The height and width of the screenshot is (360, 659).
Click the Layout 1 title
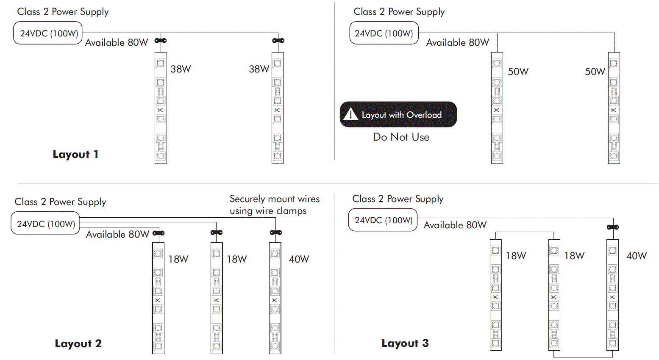tap(75, 154)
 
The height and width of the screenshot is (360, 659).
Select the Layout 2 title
tap(78, 343)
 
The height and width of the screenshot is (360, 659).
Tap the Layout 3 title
tap(405, 343)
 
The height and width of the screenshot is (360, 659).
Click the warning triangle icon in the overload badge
tap(350, 114)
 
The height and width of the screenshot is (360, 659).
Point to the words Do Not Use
tap(401, 137)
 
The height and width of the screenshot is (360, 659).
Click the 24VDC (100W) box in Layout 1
tap(48, 33)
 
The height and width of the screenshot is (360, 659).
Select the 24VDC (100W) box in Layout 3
tap(383, 220)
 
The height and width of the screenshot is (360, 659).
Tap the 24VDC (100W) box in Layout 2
tap(46, 224)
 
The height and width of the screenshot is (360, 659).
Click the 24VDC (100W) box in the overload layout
tap(384, 33)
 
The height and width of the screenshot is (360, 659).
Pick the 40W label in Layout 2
tap(299, 259)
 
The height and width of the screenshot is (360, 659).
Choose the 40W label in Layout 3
tap(637, 256)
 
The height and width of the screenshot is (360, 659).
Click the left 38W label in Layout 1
tap(181, 69)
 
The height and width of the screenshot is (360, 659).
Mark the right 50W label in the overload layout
tap(595, 72)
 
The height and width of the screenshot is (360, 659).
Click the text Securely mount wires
tap(274, 199)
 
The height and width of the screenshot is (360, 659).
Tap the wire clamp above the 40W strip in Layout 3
tap(613, 227)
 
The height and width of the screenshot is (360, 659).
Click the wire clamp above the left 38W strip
tap(161, 41)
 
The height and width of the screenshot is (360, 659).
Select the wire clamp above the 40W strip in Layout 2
tap(276, 233)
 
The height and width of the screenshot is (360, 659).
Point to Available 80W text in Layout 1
tap(117, 43)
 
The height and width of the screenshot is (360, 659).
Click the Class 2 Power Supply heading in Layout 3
tap(398, 199)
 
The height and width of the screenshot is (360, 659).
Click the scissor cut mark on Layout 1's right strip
tap(277, 110)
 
